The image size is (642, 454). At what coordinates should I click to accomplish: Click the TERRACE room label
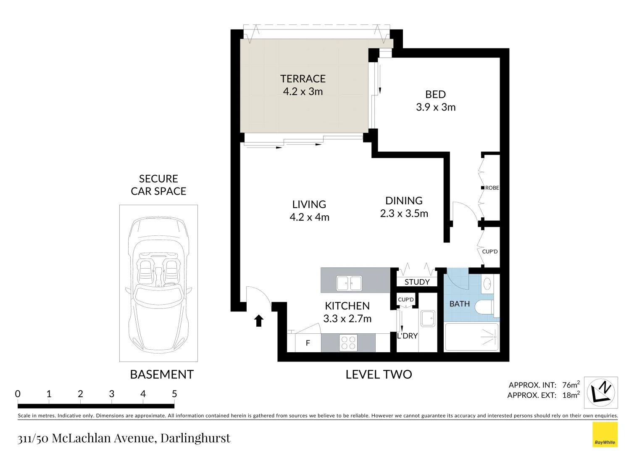click(303, 79)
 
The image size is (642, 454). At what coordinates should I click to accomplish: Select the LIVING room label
click(309, 205)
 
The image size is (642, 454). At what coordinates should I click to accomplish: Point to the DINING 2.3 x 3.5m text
click(404, 207)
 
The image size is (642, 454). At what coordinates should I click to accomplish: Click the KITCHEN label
click(347, 306)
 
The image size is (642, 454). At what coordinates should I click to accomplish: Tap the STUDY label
click(417, 282)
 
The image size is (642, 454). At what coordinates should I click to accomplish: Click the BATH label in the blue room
click(459, 304)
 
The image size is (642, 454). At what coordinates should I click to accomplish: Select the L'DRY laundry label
click(407, 336)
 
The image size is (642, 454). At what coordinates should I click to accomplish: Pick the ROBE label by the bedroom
click(492, 188)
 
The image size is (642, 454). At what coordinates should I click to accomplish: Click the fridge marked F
click(308, 343)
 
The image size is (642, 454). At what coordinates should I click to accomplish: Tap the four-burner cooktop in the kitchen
click(348, 343)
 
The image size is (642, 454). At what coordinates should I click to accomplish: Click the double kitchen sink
click(349, 283)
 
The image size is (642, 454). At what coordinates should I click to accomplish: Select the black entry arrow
click(259, 321)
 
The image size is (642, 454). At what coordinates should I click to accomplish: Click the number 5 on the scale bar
click(174, 394)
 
